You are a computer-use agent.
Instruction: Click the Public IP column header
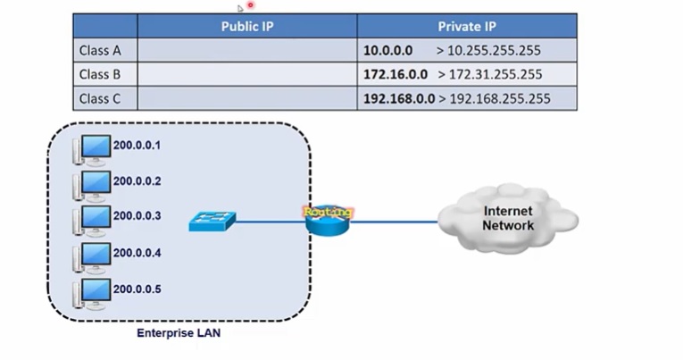click(x=247, y=26)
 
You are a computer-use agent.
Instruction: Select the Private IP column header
click(x=467, y=26)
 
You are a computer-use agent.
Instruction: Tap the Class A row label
click(x=100, y=51)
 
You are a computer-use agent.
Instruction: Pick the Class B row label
click(x=100, y=75)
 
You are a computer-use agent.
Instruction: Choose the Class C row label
click(x=100, y=99)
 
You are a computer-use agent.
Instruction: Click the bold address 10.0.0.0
click(x=388, y=51)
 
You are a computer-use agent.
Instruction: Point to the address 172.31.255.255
click(x=494, y=75)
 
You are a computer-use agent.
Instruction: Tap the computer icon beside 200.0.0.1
click(x=93, y=148)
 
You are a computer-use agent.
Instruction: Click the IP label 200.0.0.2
click(x=137, y=181)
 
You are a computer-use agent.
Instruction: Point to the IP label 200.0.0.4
click(x=137, y=253)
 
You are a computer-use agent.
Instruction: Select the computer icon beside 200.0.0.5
click(x=93, y=292)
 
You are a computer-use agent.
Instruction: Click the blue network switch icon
click(x=211, y=222)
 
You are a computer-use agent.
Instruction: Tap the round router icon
click(x=328, y=220)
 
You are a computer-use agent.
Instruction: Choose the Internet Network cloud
click(x=508, y=219)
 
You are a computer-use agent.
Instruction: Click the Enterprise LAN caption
click(x=179, y=333)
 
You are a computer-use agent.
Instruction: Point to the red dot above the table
click(x=251, y=5)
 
